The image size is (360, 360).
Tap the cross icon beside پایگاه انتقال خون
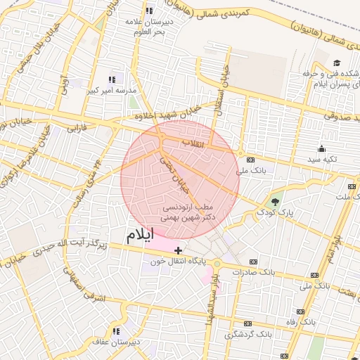179,250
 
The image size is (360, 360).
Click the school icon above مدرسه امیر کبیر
111,79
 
